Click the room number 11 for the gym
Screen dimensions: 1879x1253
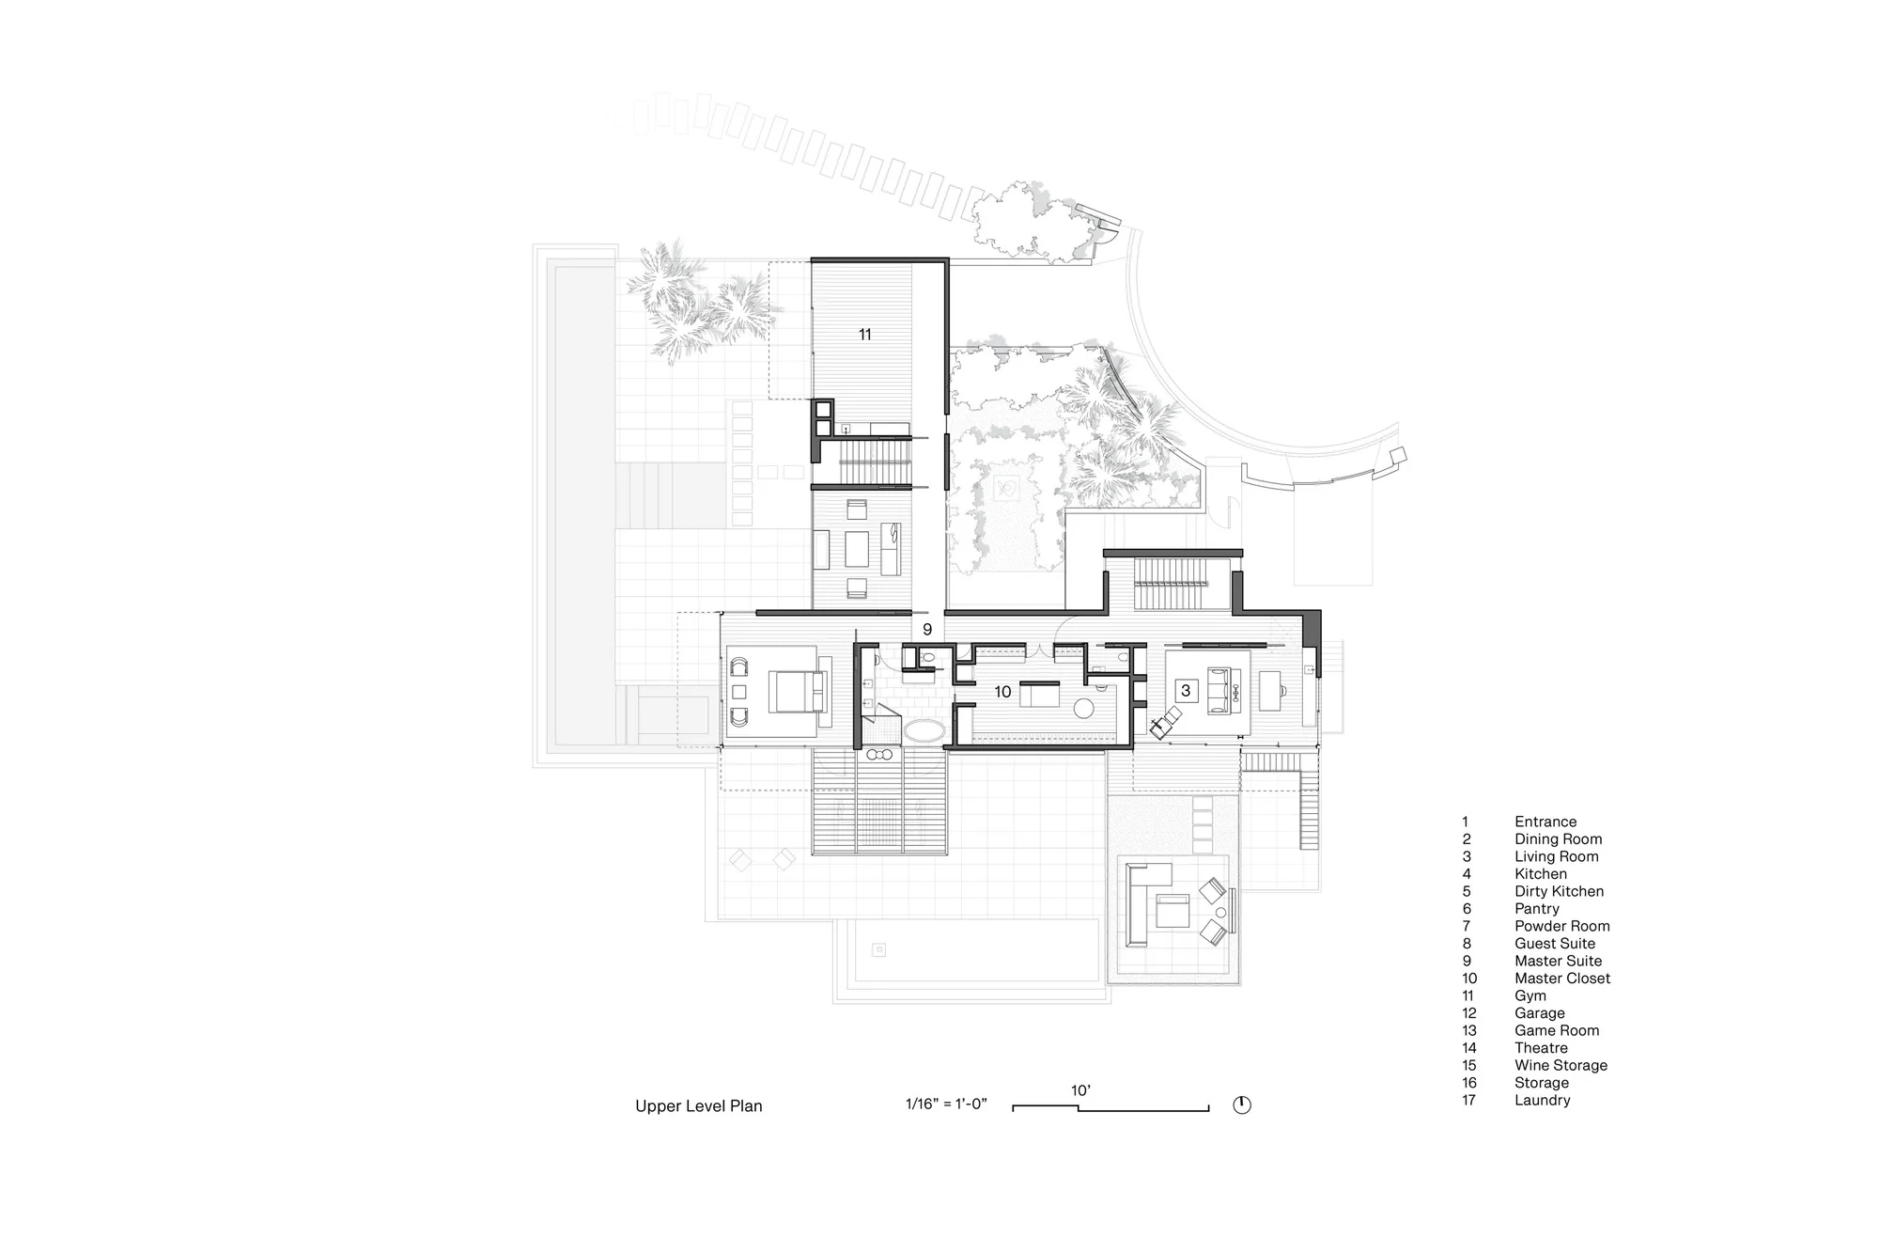tap(865, 334)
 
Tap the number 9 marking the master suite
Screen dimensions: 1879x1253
tap(927, 630)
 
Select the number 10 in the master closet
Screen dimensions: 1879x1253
tap(1002, 692)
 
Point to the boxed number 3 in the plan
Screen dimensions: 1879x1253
tap(1186, 691)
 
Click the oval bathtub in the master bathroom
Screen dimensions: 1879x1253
tap(925, 731)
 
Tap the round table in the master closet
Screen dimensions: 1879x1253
tap(1084, 709)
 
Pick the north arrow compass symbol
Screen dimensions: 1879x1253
tap(1242, 1105)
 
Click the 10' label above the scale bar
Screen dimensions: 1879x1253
tap(1080, 1090)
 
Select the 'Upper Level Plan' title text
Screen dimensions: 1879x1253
tap(699, 1106)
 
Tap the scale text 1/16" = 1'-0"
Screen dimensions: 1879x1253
tap(946, 1104)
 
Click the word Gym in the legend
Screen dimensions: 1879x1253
tap(1530, 996)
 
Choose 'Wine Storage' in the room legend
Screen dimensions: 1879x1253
tap(1561, 1066)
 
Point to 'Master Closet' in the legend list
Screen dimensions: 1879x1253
tap(1562, 979)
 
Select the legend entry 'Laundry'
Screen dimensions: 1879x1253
tap(1542, 1101)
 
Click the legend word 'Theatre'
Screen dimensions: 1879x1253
tap(1541, 1048)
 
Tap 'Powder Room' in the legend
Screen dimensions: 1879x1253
tap(1561, 926)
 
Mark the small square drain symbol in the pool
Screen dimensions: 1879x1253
tap(878, 949)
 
